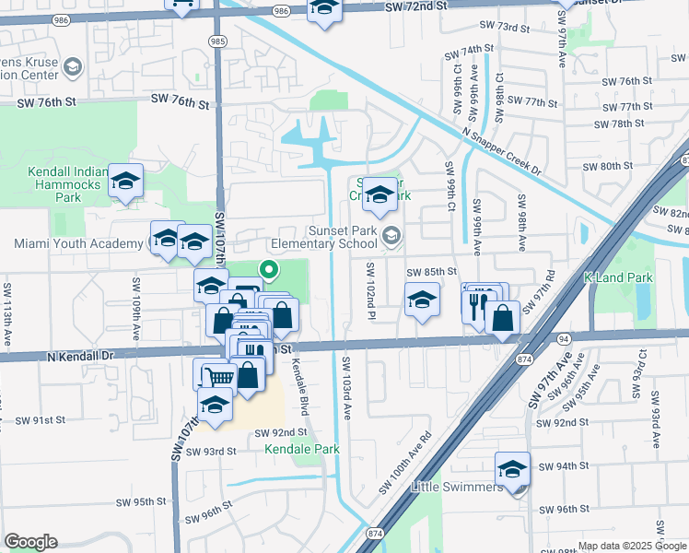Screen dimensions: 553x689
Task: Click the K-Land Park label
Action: click(x=618, y=277)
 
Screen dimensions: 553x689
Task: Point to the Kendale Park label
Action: click(x=301, y=449)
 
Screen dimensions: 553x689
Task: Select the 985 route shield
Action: click(x=217, y=41)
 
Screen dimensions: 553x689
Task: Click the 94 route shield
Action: click(x=564, y=339)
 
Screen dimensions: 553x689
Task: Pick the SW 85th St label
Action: click(x=432, y=272)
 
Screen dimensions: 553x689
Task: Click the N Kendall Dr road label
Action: click(x=81, y=354)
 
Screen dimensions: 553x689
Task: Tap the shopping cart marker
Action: click(x=219, y=376)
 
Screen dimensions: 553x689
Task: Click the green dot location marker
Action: click(x=269, y=271)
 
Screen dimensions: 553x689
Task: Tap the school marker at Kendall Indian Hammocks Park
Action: click(x=125, y=181)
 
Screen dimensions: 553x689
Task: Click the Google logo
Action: click(x=30, y=542)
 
